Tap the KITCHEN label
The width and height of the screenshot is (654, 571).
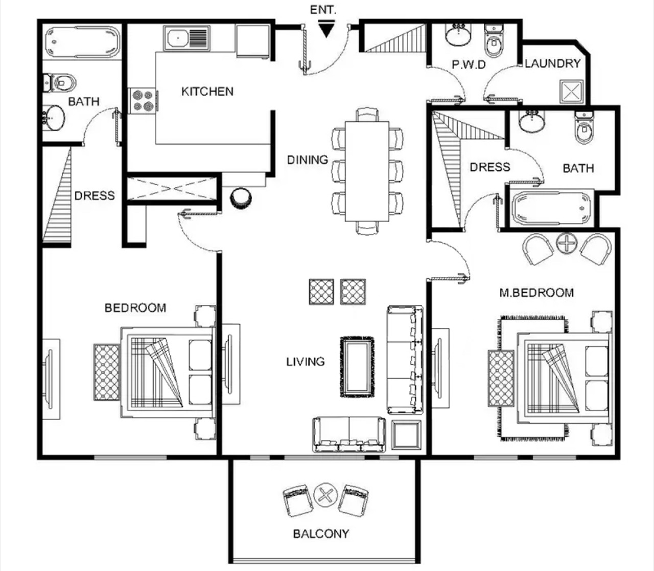207,92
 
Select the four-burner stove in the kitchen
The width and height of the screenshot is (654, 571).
143,101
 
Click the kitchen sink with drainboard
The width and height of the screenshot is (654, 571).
187,38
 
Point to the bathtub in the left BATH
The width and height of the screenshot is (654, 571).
82,42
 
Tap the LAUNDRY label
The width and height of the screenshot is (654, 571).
553,63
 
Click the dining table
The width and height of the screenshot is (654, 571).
367,171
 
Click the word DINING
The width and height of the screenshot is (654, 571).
308,160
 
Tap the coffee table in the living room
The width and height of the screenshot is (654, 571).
357,367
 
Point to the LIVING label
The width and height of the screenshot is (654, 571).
306,362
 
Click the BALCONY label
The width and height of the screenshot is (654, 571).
321,534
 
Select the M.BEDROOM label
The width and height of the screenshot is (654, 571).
536,293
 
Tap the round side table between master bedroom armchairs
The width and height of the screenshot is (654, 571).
567,243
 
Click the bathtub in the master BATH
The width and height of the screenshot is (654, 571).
552,208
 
